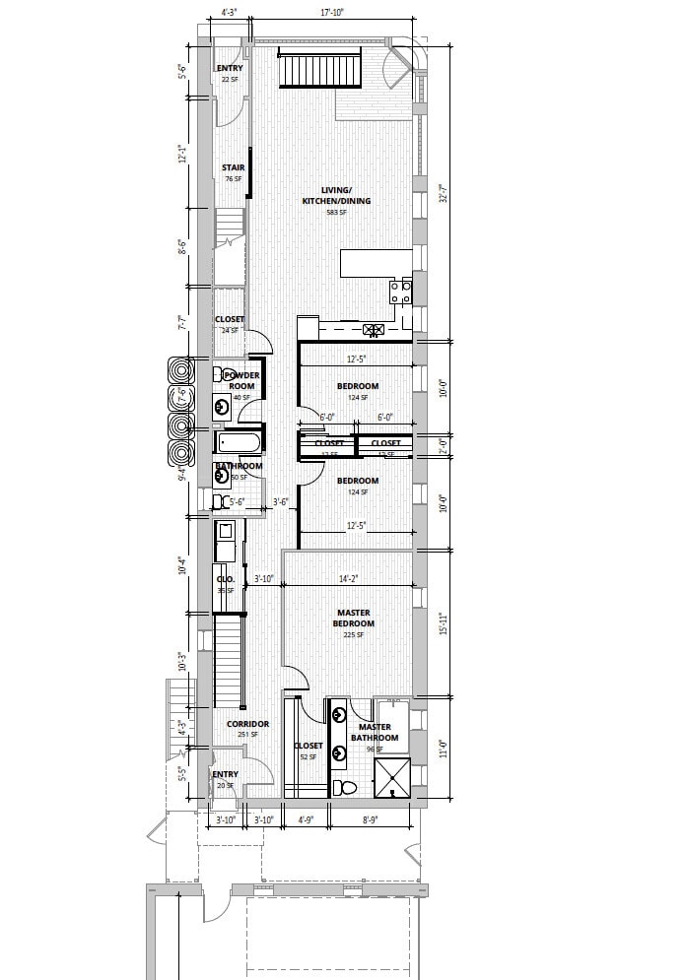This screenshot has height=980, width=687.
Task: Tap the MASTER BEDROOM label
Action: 354,618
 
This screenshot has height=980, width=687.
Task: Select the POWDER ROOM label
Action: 242,380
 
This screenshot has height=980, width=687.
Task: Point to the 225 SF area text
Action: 354,635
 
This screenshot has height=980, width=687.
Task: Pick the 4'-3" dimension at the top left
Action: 230,13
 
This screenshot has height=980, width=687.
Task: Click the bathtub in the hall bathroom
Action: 240,441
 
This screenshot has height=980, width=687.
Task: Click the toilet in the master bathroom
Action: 345,788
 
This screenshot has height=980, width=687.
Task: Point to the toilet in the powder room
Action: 220,374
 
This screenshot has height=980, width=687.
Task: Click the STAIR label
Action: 233,167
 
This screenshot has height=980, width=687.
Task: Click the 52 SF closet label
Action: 307,751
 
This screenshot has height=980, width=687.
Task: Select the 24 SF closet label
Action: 230,324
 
